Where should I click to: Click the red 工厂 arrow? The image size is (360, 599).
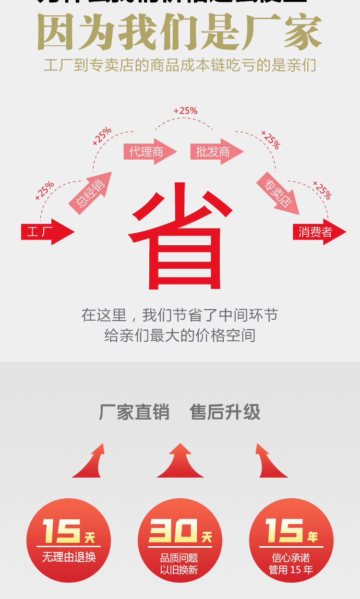pos(46,232)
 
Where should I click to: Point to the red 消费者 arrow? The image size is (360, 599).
pos(318,232)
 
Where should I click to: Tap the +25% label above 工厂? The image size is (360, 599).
pos(45,191)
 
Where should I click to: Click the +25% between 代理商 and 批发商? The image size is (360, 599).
pos(185,111)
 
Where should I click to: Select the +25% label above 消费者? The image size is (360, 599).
pos(322,190)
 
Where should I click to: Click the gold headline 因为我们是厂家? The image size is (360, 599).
pos(180,33)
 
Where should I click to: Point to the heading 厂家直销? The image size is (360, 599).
pos(134,412)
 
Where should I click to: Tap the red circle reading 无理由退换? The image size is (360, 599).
pos(69,540)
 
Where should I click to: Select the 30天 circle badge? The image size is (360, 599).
pos(180,540)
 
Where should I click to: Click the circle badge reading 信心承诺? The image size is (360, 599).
pos(291,540)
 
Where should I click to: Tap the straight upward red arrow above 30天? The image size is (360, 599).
pos(180,461)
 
